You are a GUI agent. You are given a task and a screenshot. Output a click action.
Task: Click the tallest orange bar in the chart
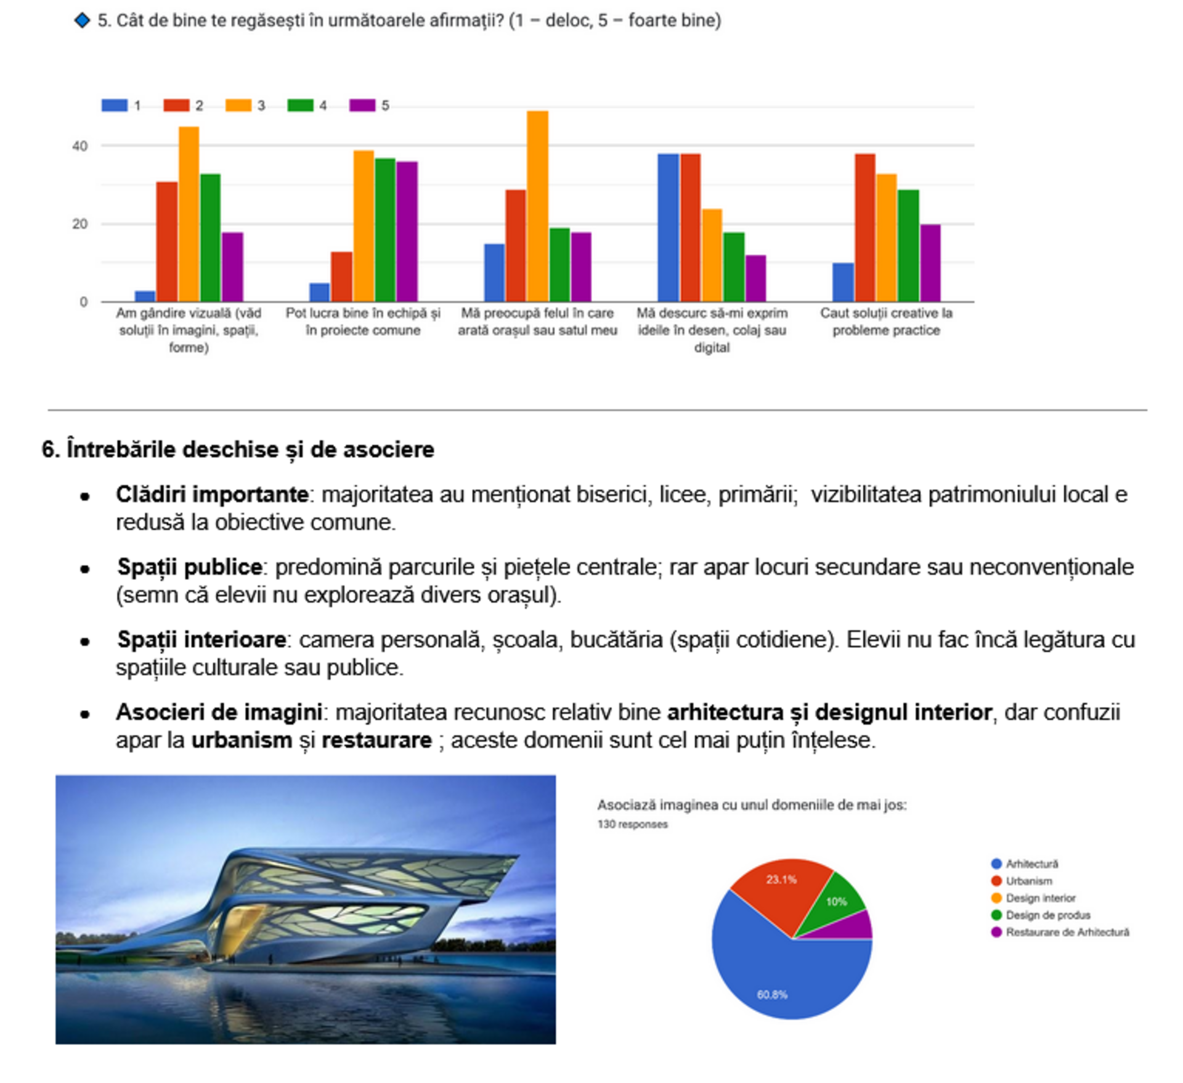[537, 206]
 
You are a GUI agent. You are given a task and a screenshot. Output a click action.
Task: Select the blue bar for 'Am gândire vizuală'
[145, 296]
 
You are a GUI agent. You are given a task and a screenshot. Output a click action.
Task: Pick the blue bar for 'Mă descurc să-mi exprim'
[668, 227]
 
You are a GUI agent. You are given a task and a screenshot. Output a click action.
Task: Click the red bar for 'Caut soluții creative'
[864, 227]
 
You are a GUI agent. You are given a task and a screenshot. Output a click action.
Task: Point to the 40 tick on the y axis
[80, 147]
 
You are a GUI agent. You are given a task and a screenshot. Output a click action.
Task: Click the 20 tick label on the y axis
[80, 224]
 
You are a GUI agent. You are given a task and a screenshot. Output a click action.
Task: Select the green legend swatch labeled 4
[300, 105]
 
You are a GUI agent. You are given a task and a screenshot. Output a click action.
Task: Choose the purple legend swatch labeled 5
[362, 105]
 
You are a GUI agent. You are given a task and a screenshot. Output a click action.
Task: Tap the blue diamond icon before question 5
[82, 20]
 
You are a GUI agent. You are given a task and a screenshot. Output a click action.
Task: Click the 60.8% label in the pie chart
[772, 994]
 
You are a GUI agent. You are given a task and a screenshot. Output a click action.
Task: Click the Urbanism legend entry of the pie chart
[1028, 881]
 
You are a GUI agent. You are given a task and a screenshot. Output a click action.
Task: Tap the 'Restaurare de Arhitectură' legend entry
[1067, 932]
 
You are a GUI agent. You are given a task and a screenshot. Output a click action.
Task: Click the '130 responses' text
[632, 824]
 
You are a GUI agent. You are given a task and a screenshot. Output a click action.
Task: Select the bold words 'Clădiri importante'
[212, 494]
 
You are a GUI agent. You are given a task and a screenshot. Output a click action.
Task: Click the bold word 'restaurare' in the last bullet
[376, 740]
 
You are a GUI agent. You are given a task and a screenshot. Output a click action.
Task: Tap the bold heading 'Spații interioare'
[201, 639]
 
